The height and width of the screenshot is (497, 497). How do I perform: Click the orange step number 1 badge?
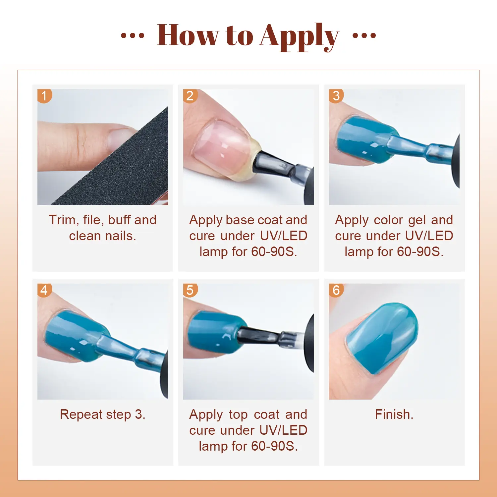44,96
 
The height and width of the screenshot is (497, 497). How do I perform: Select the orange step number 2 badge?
190,96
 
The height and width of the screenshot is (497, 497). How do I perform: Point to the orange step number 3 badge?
336,96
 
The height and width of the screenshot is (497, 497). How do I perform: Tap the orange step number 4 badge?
44,291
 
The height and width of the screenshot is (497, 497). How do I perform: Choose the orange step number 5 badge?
190,291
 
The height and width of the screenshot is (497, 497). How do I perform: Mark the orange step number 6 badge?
336,291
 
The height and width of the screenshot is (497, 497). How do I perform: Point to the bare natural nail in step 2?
220,146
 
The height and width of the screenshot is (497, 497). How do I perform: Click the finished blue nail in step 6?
381,338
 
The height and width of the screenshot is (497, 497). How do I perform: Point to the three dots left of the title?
133,35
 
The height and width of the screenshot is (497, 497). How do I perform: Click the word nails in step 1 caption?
119,236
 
